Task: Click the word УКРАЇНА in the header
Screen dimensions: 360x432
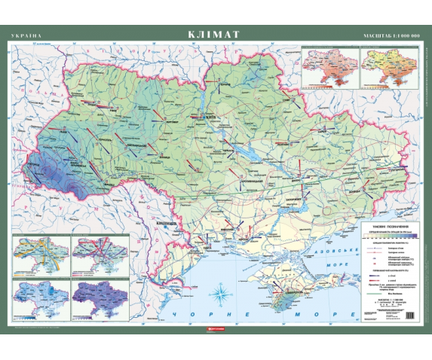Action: point(26,35)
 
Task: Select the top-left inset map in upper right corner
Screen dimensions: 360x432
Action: point(329,67)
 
